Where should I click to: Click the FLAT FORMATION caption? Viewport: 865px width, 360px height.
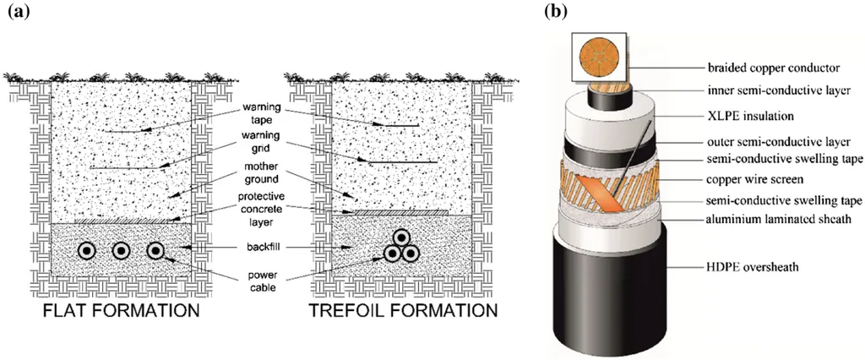click(x=121, y=310)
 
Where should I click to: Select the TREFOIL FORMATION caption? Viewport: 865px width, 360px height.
click(x=403, y=310)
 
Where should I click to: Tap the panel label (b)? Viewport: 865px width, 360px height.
click(x=555, y=11)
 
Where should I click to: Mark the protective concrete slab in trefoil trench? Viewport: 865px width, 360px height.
click(x=401, y=213)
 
